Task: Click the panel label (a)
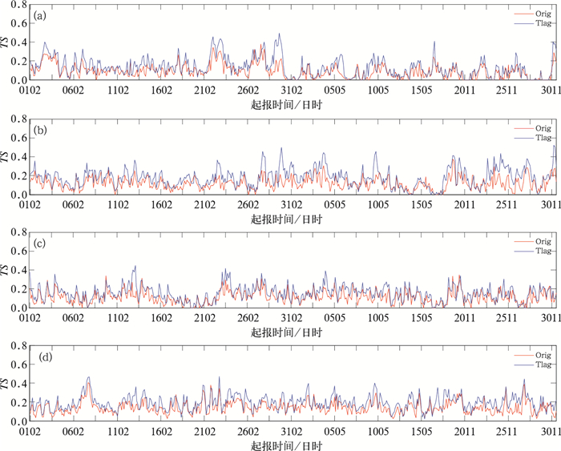pyautogui.click(x=39, y=14)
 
